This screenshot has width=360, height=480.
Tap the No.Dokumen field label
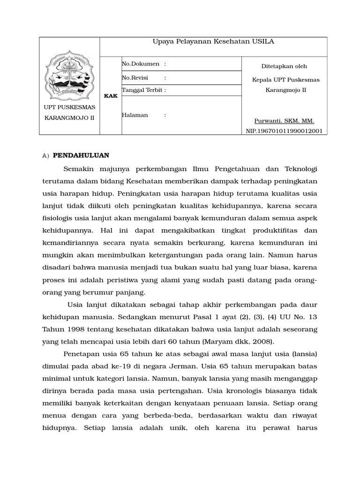tap(140, 64)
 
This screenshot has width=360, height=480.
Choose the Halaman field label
tap(135, 115)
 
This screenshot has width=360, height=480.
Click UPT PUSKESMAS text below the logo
tap(69, 107)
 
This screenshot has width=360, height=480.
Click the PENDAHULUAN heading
tap(81, 155)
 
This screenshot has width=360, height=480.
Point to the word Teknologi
tap(298, 169)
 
